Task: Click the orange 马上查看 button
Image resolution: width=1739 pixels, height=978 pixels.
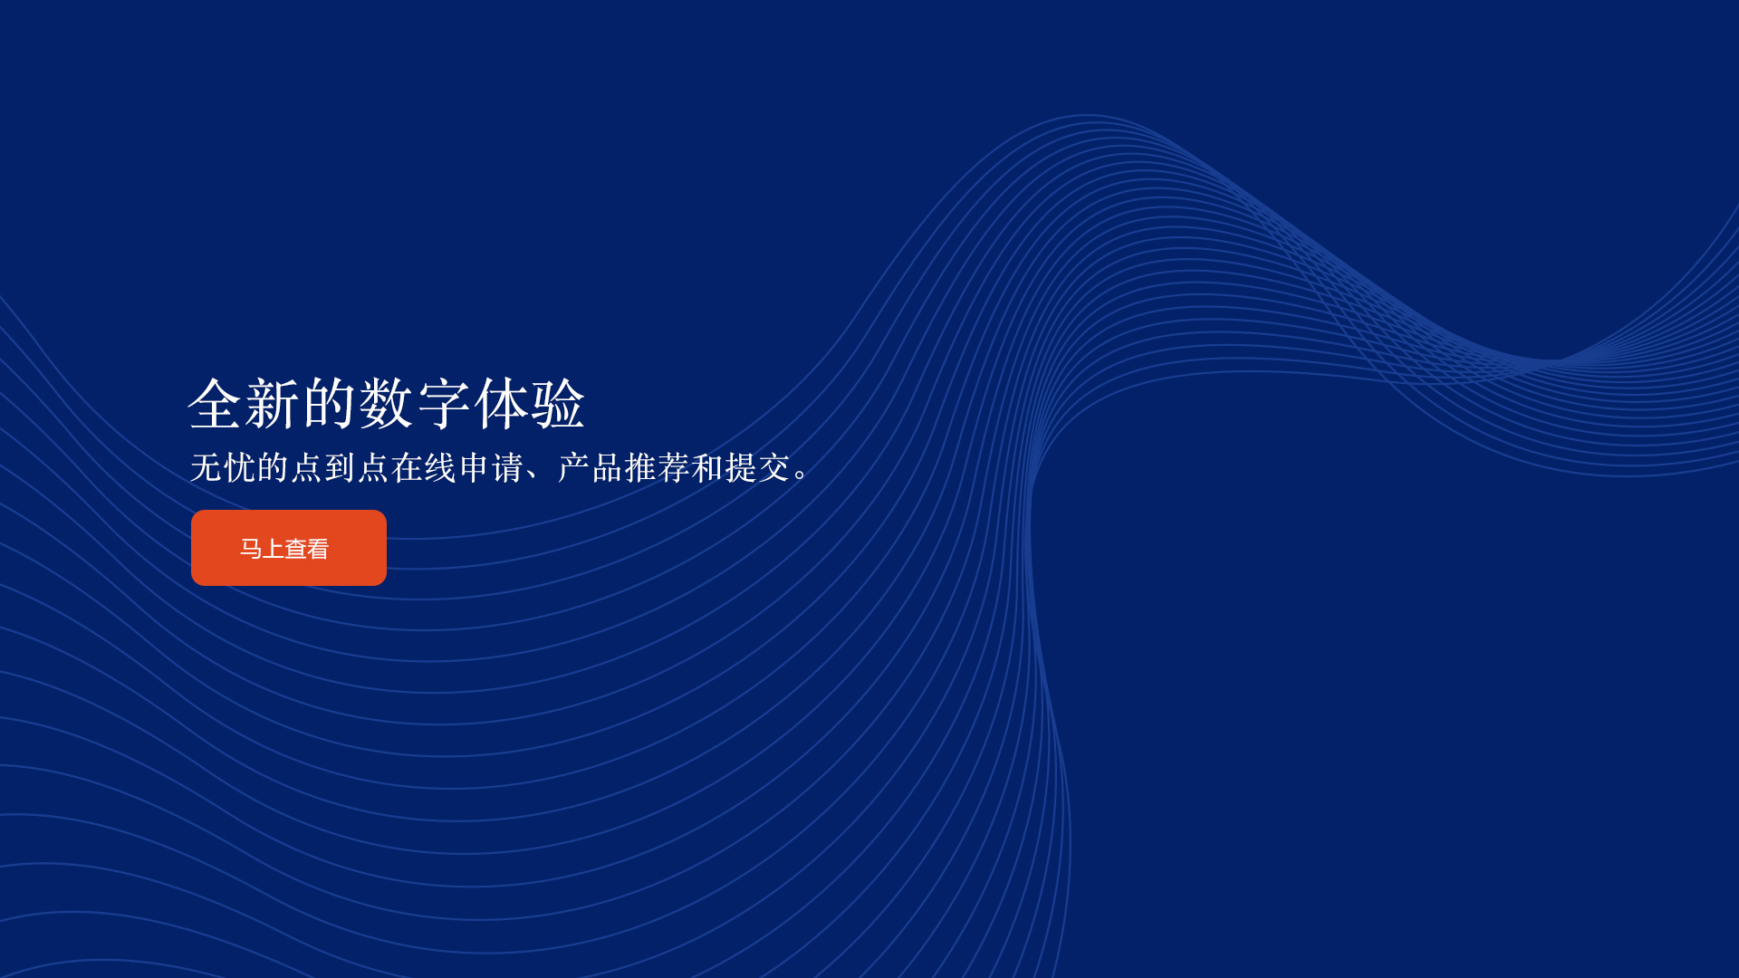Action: click(289, 548)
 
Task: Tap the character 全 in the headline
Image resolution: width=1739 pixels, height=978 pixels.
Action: click(216, 404)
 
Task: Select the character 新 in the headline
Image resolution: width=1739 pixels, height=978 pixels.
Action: click(273, 404)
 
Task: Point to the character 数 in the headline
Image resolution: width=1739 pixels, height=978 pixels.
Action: click(387, 404)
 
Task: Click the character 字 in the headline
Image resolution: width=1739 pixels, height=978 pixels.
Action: click(444, 404)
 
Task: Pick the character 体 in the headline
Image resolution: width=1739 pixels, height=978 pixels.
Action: click(501, 404)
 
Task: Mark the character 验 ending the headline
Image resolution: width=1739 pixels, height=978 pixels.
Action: click(558, 404)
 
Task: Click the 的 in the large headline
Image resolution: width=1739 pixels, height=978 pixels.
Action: click(330, 404)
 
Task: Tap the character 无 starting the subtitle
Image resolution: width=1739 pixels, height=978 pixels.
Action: click(207, 468)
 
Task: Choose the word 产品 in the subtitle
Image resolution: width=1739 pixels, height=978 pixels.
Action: click(590, 468)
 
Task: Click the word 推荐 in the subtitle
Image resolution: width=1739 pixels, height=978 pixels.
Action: click(657, 468)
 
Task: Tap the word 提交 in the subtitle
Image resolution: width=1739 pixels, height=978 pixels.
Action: click(757, 468)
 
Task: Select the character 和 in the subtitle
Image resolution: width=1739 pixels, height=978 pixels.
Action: click(707, 468)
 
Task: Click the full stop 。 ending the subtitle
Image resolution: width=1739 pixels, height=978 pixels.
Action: click(801, 475)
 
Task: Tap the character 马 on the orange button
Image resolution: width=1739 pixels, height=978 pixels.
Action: click(251, 549)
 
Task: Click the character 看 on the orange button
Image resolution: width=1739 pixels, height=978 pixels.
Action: click(317, 549)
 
